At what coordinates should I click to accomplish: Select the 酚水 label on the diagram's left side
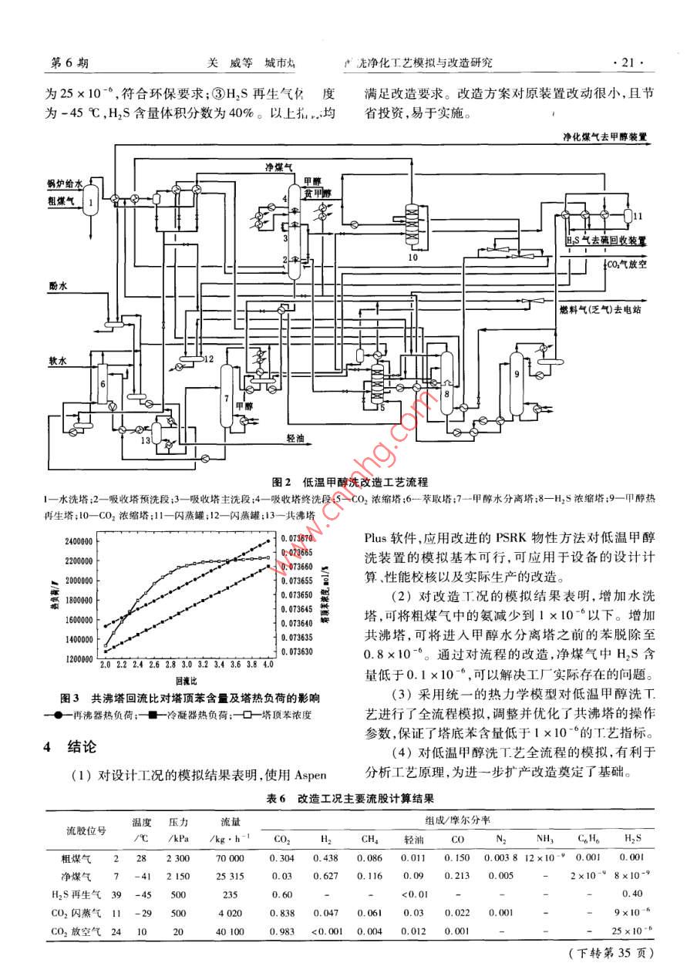pos(56,286)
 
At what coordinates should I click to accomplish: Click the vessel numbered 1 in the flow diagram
pos(91,204)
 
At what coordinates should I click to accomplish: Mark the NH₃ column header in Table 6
pos(545,837)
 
